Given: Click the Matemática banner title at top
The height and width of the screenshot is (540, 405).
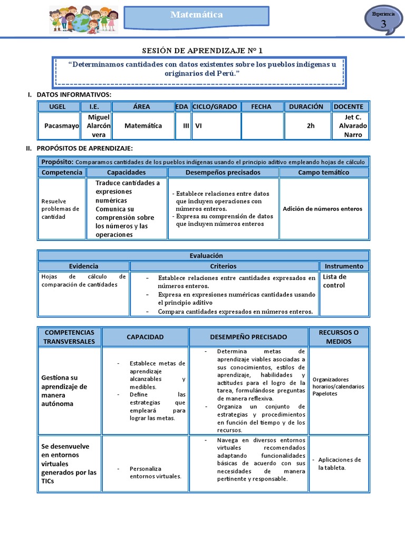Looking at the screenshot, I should tap(196, 15).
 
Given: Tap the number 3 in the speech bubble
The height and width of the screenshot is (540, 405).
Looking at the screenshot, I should tap(383, 24).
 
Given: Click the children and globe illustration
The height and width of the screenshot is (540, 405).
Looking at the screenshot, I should tap(83, 20).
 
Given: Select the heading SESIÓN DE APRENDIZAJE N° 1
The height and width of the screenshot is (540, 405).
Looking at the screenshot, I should tap(202, 51).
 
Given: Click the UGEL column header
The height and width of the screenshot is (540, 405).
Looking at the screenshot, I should tap(57, 107).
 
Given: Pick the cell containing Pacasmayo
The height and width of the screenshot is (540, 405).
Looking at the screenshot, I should tap(57, 126).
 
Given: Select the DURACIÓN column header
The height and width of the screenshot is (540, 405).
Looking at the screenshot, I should tap(306, 107).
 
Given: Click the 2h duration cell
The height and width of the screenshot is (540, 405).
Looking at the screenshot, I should tap(311, 126).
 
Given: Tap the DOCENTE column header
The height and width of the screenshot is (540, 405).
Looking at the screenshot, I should tap(348, 107).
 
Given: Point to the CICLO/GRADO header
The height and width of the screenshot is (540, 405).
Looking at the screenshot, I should tap(215, 107).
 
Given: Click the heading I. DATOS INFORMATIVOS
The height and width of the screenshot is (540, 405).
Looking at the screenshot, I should tap(70, 94).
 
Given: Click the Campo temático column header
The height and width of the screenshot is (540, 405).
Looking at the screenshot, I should tap(323, 172).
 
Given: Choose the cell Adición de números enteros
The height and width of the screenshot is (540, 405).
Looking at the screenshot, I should tap(323, 209).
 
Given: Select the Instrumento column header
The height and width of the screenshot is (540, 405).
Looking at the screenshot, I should tap(344, 266).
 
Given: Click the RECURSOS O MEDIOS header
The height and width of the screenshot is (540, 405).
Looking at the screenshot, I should tap(339, 336).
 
